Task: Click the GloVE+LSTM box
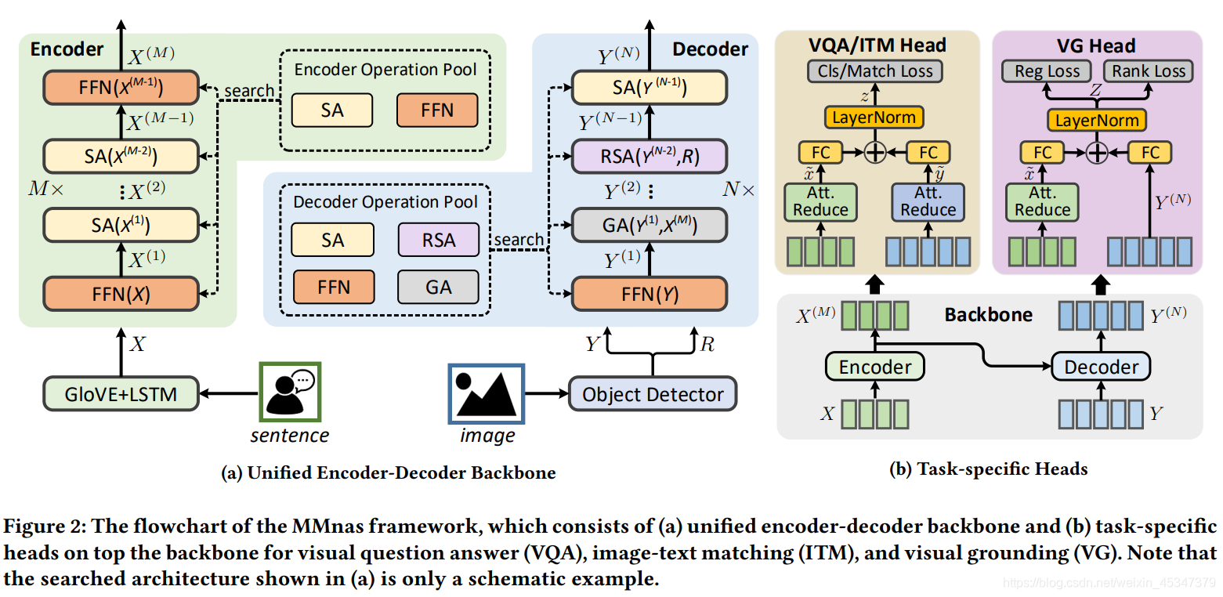pos(121,393)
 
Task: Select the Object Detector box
pos(653,394)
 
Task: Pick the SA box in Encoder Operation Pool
pos(332,110)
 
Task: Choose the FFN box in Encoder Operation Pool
pos(437,110)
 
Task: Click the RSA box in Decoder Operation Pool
pos(439,240)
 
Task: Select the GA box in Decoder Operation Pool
pos(439,288)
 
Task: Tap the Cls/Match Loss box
pos(875,71)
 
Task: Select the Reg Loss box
pos(1047,71)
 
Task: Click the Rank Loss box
pos(1149,71)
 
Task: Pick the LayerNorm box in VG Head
pos(1097,120)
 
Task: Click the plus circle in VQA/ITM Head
pos(874,153)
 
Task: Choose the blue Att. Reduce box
pos(928,201)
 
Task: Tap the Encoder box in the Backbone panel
pos(874,367)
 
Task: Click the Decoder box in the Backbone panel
pos(1101,367)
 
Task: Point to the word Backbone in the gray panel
pos(988,315)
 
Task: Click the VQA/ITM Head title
pos(877,45)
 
